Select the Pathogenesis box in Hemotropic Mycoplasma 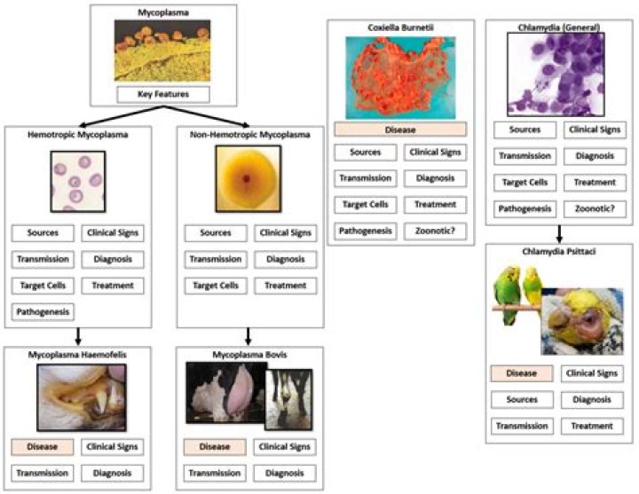coord(43,311)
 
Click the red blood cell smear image coord(78,181)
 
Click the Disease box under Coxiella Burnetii coord(400,129)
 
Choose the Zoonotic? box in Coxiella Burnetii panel coord(435,231)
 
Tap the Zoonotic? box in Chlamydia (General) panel coord(595,209)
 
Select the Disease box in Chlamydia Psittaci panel coord(521,373)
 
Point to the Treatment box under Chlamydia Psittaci coord(592,426)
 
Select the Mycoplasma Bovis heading coord(249,355)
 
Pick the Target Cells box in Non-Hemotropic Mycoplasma coord(215,286)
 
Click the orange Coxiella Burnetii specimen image coord(399,78)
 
